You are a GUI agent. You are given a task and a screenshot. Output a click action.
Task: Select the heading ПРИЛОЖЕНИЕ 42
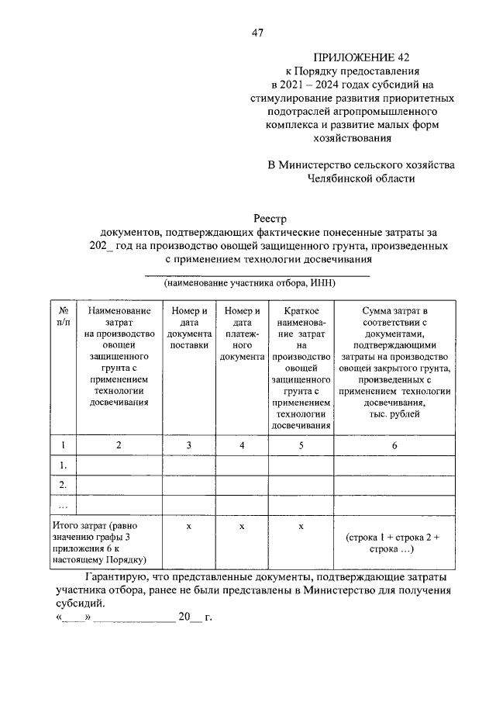click(x=361, y=57)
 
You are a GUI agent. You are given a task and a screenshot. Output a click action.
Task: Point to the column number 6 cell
click(x=394, y=444)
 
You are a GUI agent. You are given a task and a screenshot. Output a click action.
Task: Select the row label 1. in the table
click(x=63, y=465)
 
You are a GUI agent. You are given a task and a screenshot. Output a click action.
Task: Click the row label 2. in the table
click(x=63, y=484)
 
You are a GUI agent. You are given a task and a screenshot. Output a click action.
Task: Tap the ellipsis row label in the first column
click(x=63, y=503)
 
